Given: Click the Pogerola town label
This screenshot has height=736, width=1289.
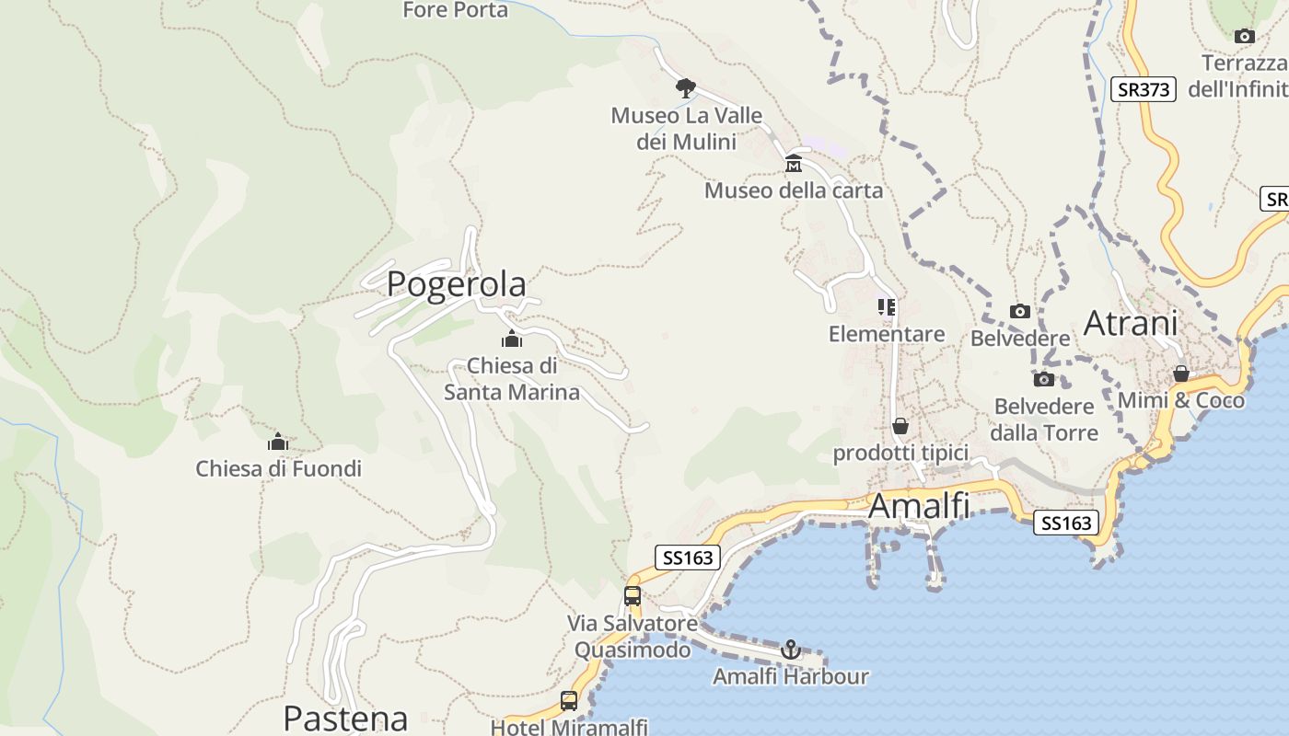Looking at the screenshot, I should (456, 284).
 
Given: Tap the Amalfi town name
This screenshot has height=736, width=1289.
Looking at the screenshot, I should (919, 505).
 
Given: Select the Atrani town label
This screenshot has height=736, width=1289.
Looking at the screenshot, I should (1131, 324).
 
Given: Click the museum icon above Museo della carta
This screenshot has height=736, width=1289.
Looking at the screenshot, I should (793, 165).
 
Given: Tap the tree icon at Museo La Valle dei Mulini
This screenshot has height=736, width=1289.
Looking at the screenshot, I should (685, 88).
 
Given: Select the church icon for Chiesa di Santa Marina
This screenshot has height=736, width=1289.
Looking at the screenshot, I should (512, 339).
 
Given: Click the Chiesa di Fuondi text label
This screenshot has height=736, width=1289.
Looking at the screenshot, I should (278, 468).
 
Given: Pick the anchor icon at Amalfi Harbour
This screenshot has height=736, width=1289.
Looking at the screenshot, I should (790, 650).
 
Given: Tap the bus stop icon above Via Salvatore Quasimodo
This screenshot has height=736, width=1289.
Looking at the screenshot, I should (633, 595).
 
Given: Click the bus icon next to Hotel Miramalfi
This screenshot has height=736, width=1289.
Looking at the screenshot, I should (569, 701).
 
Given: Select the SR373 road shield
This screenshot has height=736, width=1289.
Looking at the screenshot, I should (1143, 89).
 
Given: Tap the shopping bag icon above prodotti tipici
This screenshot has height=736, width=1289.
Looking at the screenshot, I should (900, 426).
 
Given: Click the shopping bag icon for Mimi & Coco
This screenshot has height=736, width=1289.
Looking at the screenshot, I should (1180, 374).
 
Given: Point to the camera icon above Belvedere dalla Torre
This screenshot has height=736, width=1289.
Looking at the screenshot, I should (1043, 379).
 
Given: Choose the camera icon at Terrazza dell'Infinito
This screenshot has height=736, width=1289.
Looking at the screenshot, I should (1244, 37).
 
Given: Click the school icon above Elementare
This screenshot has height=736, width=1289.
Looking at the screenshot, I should (887, 306).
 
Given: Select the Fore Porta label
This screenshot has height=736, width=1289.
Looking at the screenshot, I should (455, 10).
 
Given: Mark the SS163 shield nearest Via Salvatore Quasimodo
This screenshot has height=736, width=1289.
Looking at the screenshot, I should (687, 558).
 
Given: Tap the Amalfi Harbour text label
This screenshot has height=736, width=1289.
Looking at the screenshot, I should (790, 677).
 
